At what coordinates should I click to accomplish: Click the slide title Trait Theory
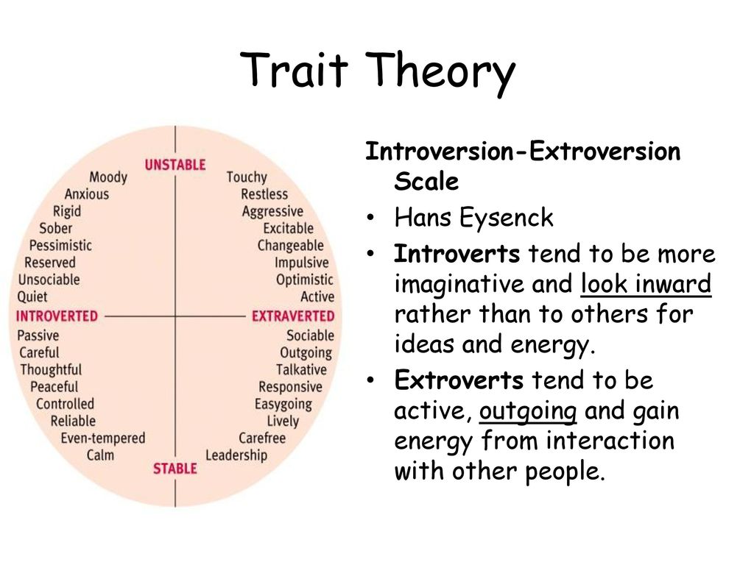378,71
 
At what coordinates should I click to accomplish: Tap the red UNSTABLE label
175,165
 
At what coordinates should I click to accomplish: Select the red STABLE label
175,469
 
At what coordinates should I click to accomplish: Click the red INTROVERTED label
57,316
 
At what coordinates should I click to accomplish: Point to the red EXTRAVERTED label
293,316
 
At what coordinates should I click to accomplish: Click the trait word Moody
108,177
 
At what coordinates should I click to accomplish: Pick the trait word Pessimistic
60,246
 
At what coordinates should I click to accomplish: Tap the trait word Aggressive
272,212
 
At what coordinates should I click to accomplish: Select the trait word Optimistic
305,280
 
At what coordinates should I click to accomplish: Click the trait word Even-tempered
103,438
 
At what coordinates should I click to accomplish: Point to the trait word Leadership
236,455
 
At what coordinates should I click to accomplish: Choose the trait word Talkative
301,369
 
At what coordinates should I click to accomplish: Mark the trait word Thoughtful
51,370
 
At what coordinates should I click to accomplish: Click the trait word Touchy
247,177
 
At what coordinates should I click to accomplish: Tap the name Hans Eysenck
473,218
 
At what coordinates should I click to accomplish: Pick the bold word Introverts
457,254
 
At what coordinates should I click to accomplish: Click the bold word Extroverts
459,380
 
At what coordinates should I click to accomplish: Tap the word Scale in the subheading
426,182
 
